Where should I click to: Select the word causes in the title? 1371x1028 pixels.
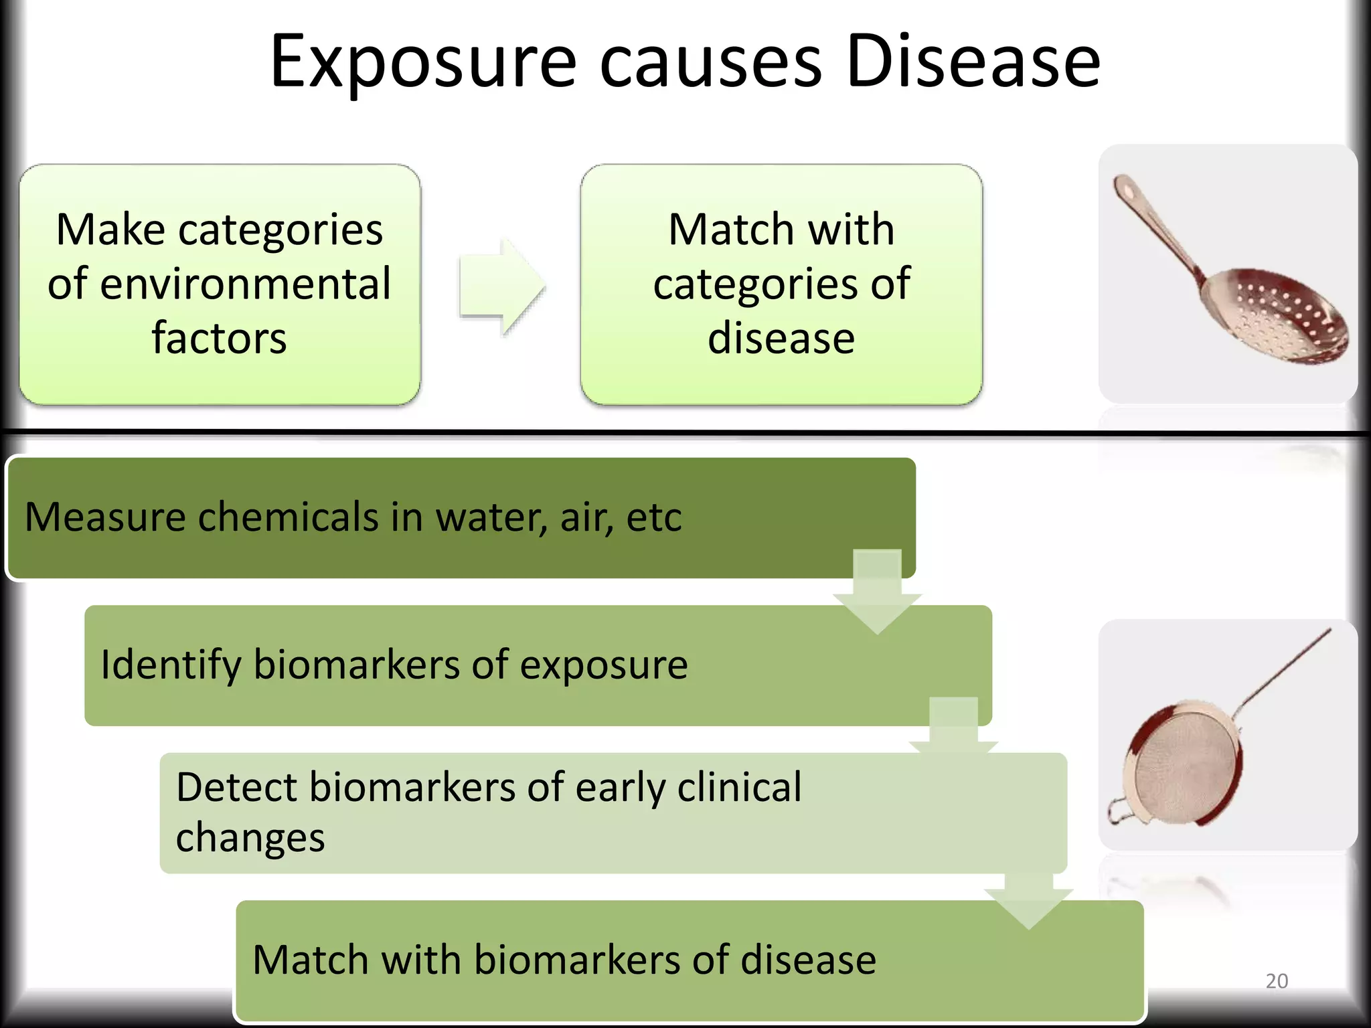pyautogui.click(x=710, y=64)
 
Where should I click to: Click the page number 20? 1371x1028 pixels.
pyautogui.click(x=1277, y=980)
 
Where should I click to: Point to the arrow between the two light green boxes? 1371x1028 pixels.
pyautogui.click(x=502, y=286)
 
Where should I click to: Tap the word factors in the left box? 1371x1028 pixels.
pyautogui.click(x=219, y=338)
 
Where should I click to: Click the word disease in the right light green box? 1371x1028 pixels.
pyautogui.click(x=781, y=338)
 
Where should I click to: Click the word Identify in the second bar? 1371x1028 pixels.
pyautogui.click(x=171, y=665)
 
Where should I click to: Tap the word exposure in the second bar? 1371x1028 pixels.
pyautogui.click(x=603, y=665)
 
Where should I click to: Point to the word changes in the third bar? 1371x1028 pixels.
pyautogui.click(x=250, y=838)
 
